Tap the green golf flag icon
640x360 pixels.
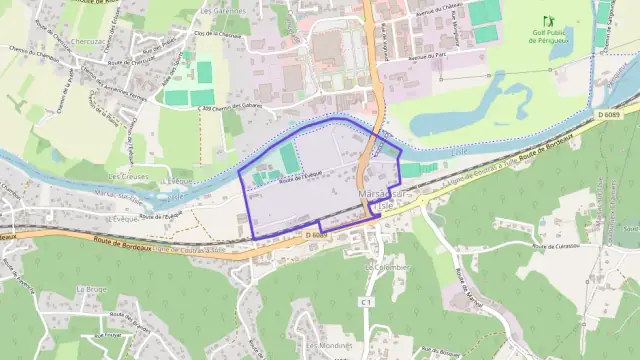point(547,21)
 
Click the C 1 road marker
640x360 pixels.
point(367,301)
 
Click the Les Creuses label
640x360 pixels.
point(128,176)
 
